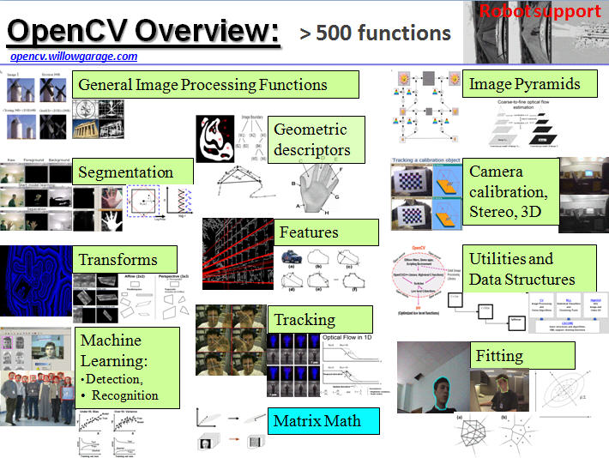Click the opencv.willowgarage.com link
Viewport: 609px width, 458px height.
(x=74, y=57)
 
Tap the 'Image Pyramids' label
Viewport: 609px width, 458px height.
(x=524, y=84)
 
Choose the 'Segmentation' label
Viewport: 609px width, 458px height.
(x=126, y=172)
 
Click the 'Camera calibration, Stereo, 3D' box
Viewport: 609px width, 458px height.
(x=510, y=191)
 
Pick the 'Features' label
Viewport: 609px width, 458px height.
(x=309, y=232)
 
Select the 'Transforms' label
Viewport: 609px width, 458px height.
(x=118, y=259)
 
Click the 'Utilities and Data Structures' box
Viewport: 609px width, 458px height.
(x=522, y=268)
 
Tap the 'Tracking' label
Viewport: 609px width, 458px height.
(x=304, y=320)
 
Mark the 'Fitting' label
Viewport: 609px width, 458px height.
(x=499, y=355)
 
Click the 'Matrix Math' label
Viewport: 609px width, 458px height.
(x=317, y=420)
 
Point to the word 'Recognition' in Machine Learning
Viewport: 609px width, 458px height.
(x=125, y=395)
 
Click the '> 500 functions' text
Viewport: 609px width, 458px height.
(x=375, y=33)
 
